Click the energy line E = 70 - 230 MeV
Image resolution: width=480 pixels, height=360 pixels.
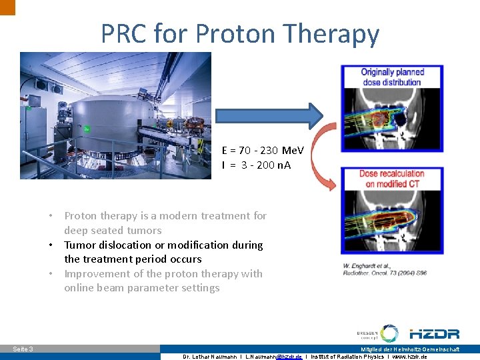263,151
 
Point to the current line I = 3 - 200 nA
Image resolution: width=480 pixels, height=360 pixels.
257,165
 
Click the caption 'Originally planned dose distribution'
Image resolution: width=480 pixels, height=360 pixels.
392,77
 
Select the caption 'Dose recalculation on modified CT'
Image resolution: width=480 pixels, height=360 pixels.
392,179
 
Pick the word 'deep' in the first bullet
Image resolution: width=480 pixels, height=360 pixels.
76,231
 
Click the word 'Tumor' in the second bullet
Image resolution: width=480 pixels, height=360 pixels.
81,245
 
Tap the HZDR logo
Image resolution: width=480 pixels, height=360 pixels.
434,333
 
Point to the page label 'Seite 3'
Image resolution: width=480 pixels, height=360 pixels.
23,349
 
